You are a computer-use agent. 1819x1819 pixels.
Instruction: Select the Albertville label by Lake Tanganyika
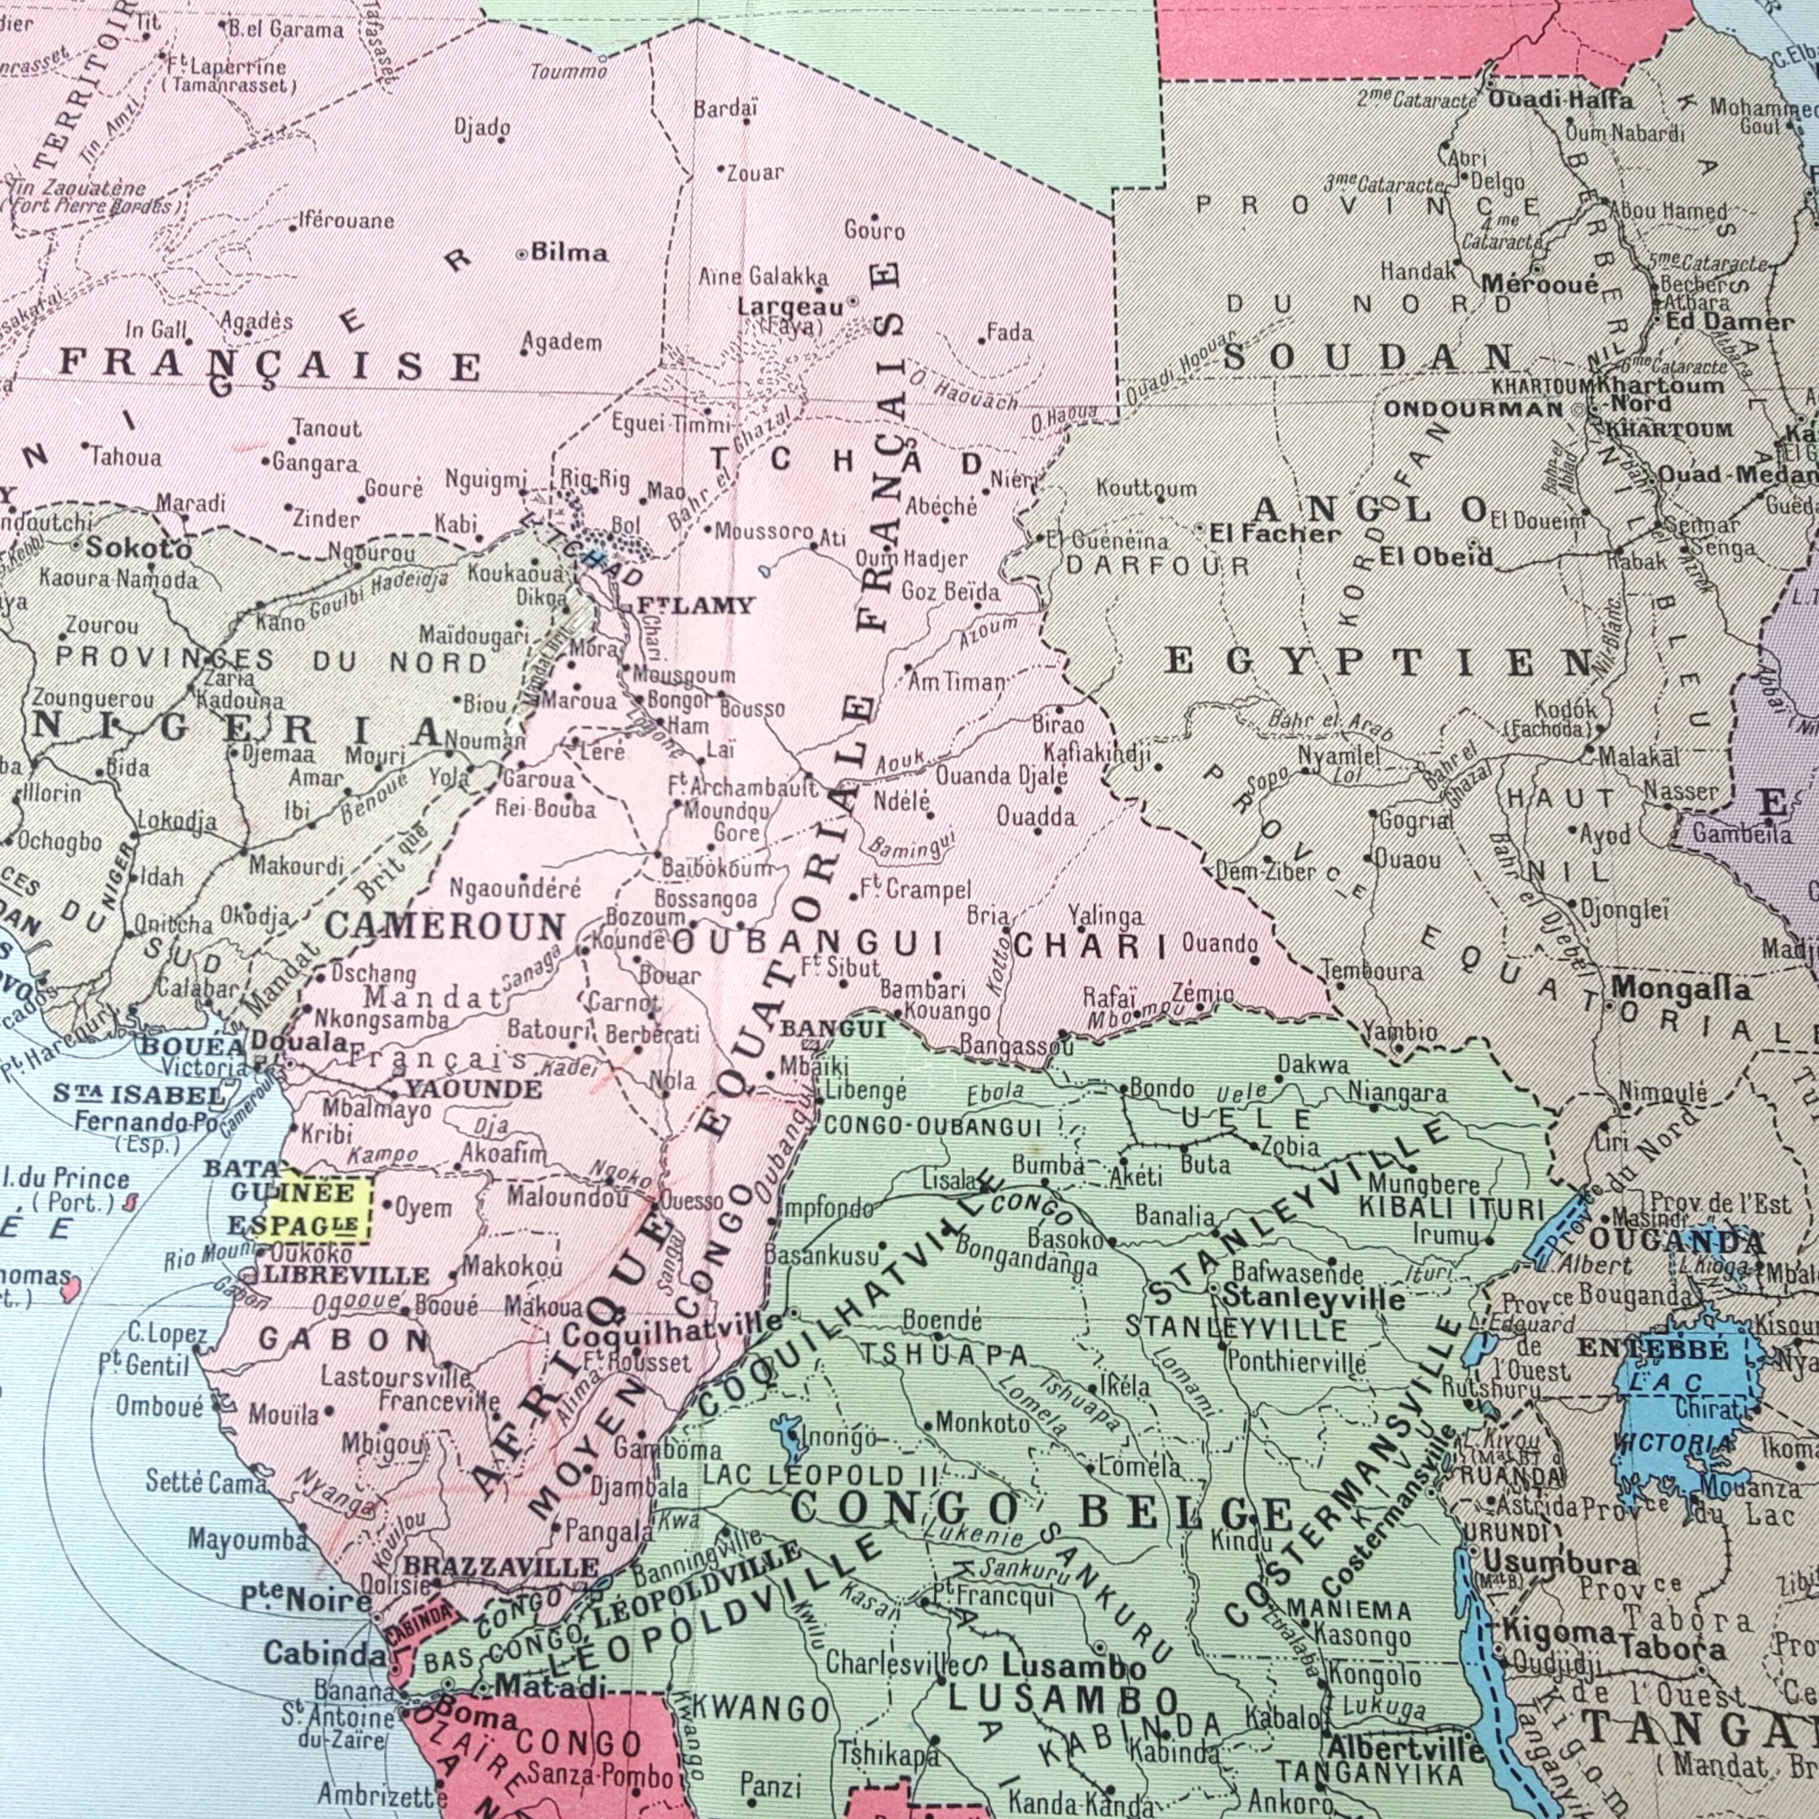click(x=1405, y=1749)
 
